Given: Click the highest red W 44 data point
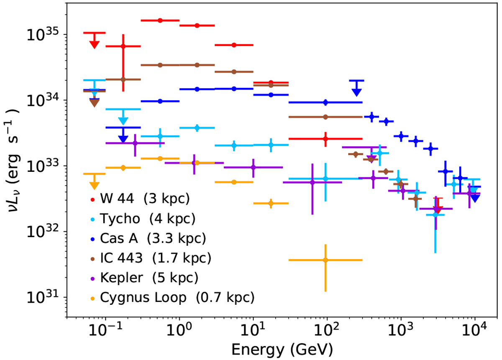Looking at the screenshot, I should (160, 20).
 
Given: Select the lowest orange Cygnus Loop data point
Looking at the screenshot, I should (325, 260).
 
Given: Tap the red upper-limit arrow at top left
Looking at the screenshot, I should (95, 43).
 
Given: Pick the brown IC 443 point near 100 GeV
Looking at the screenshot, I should (325, 117).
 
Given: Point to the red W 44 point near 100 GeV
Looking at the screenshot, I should (325, 138).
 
